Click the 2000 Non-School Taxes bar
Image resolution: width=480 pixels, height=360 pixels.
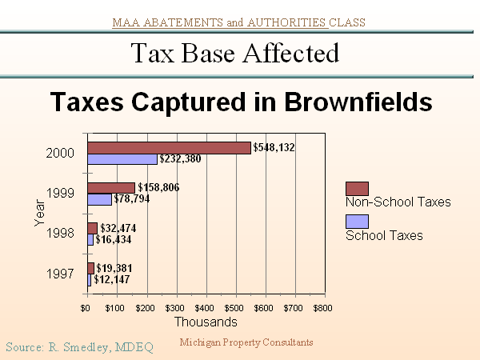(168, 147)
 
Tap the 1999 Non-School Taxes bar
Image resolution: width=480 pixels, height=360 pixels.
(110, 187)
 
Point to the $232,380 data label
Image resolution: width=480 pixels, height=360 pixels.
(181, 159)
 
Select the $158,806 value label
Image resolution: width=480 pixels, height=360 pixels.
(158, 187)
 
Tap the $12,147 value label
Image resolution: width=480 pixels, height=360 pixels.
(113, 279)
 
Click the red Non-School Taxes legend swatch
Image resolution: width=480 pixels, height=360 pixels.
(357, 188)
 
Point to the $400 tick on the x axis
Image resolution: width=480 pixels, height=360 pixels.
(205, 307)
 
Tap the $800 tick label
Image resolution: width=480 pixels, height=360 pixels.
(322, 307)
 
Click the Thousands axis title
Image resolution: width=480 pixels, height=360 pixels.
(206, 322)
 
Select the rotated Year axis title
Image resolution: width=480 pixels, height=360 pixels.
(39, 213)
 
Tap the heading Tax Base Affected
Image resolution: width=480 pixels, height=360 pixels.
(234, 53)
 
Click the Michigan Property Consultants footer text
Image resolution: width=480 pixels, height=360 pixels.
(246, 342)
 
